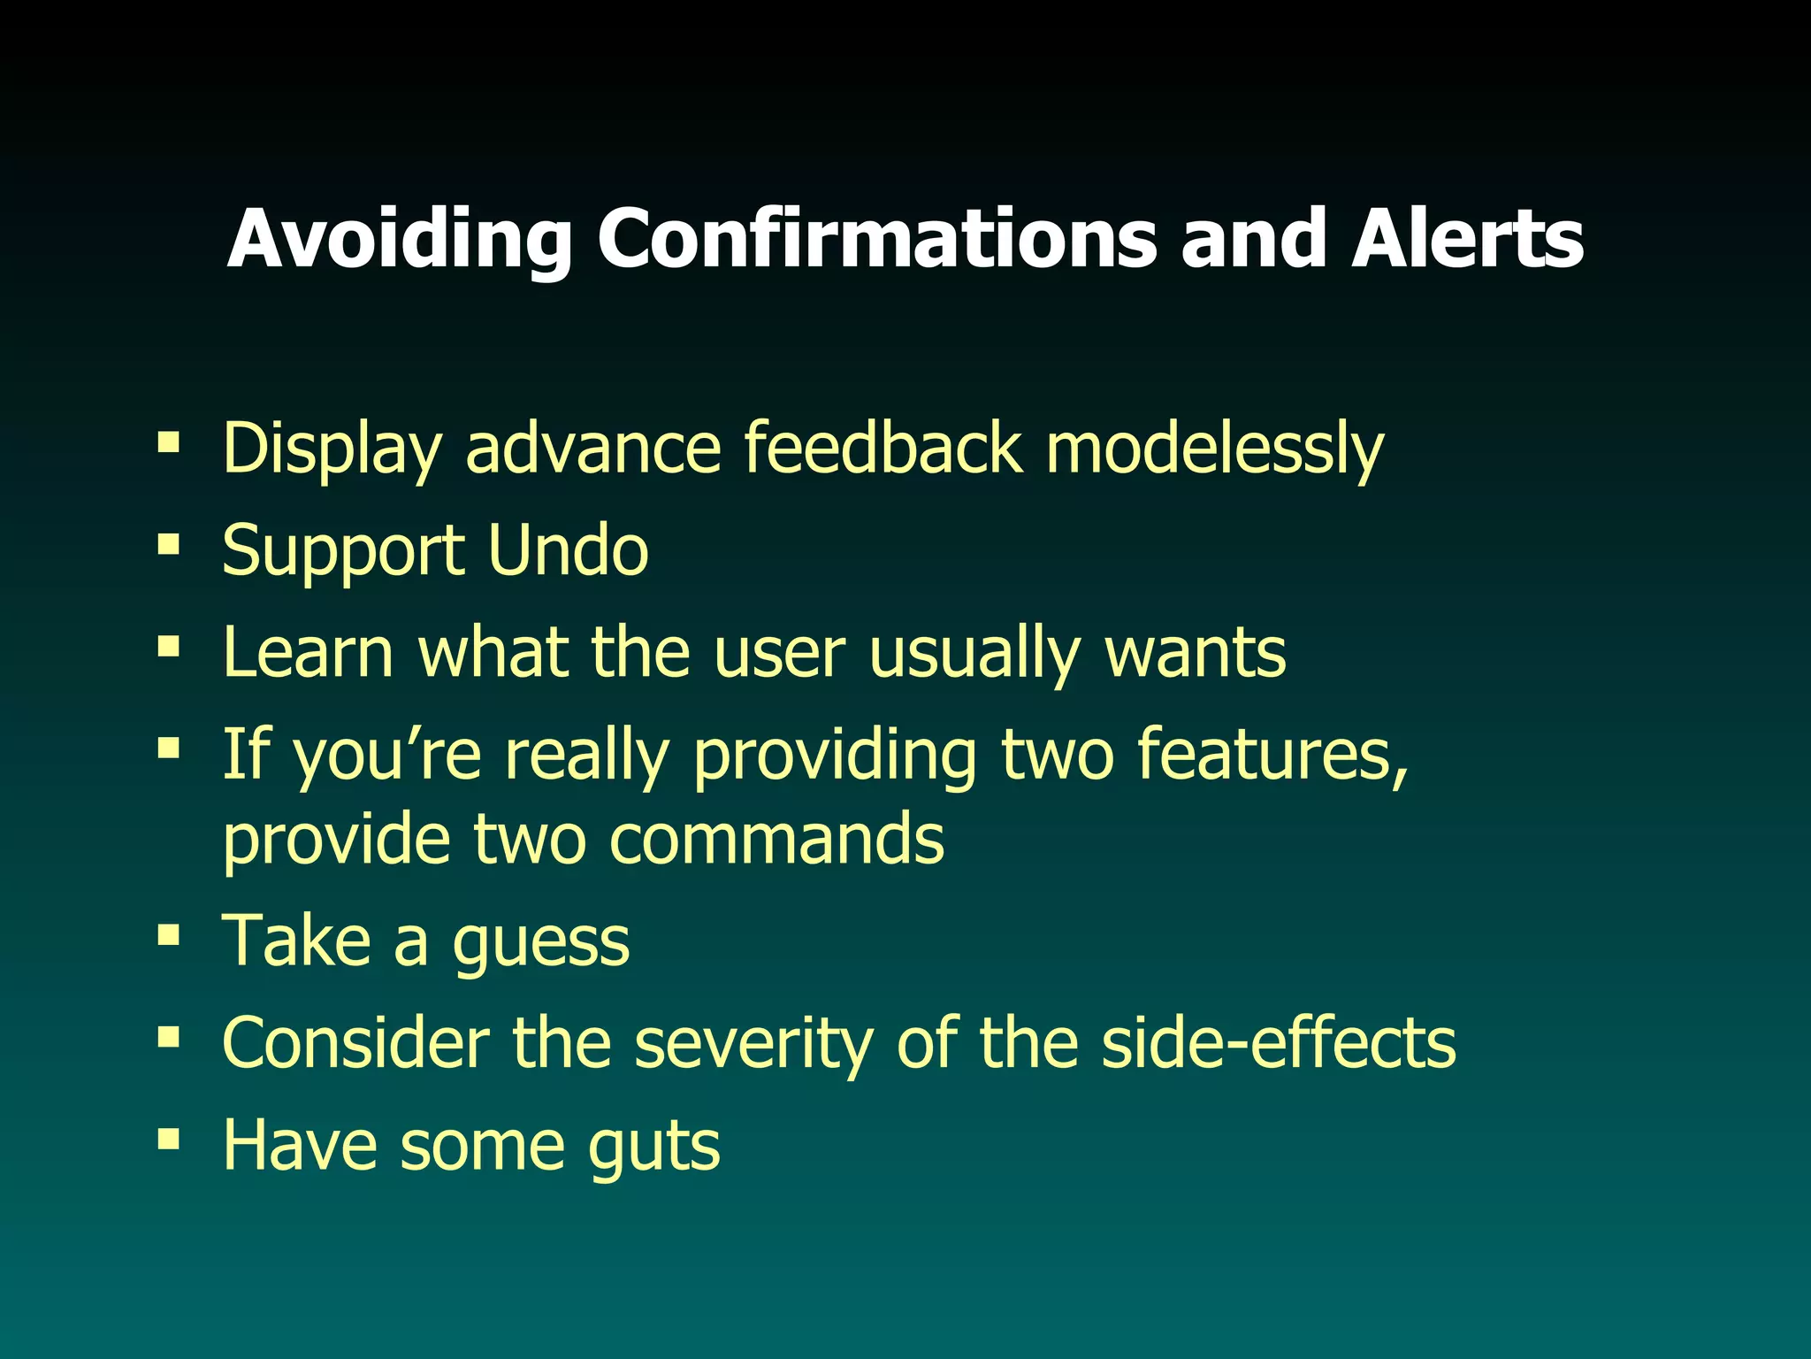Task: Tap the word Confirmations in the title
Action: (876, 239)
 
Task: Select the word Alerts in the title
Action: (1467, 239)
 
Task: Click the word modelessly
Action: (1214, 449)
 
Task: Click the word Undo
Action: (568, 550)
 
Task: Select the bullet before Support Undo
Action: (168, 542)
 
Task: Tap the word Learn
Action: (308, 653)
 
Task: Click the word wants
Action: (1196, 653)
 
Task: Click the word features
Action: (1272, 754)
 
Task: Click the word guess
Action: (540, 943)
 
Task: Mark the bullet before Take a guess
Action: (168, 935)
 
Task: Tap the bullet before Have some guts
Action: (168, 1138)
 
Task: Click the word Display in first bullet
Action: (332, 449)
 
